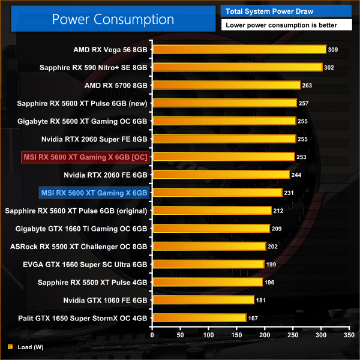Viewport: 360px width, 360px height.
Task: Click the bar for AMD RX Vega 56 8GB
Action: pyautogui.click(x=239, y=49)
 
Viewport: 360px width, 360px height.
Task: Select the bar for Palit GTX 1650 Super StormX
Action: pyautogui.click(x=199, y=317)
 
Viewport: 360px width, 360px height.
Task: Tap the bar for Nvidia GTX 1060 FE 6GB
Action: pyautogui.click(x=203, y=299)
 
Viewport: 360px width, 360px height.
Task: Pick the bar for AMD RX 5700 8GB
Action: pyautogui.click(x=226, y=85)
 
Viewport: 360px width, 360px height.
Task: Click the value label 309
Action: pyautogui.click(x=334, y=49)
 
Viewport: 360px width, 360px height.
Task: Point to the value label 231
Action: pyautogui.click(x=290, y=193)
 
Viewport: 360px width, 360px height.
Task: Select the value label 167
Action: pyautogui.click(x=254, y=317)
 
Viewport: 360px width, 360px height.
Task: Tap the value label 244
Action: pyautogui.click(x=297, y=175)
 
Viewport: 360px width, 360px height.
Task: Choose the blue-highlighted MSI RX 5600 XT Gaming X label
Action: pyautogui.click(x=94, y=193)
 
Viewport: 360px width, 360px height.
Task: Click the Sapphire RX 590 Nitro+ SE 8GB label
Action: pyautogui.click(x=93, y=67)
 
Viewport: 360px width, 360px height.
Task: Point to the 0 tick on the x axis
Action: pyautogui.click(x=152, y=335)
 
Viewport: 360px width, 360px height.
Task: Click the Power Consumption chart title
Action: pyautogui.click(x=112, y=19)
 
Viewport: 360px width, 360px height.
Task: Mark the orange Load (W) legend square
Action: pyautogui.click(x=10, y=346)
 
